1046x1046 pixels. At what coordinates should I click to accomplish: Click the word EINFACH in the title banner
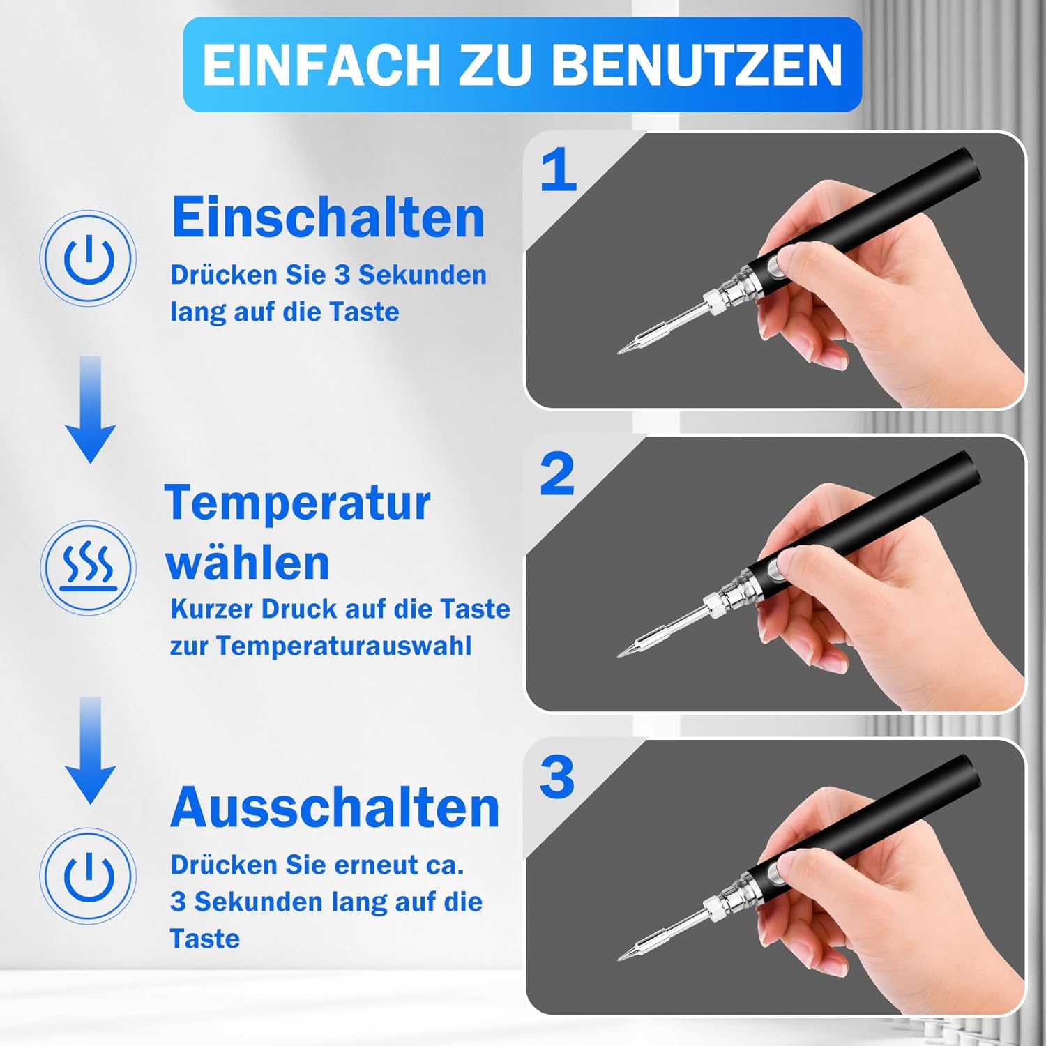[321, 65]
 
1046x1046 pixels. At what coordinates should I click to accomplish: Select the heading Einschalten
[328, 218]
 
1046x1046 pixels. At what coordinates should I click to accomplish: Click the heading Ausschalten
[335, 808]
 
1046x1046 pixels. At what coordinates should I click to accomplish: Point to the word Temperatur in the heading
[298, 503]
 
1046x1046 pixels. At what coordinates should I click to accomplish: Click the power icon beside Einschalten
[89, 258]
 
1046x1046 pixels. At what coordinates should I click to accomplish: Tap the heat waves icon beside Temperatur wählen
[89, 567]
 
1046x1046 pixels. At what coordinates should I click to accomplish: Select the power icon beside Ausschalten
[89, 876]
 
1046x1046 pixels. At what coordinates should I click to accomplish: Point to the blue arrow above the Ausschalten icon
[91, 750]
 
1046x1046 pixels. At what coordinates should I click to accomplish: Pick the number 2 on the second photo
[557, 474]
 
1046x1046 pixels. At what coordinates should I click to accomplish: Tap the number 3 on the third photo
[557, 778]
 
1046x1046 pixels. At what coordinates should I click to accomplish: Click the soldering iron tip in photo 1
[624, 348]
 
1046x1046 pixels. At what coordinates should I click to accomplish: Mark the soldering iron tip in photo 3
[624, 955]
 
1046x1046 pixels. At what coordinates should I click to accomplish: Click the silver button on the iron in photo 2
[774, 570]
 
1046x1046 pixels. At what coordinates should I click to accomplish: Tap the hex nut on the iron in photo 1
[713, 303]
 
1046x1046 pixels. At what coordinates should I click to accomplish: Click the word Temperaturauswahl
[344, 646]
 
